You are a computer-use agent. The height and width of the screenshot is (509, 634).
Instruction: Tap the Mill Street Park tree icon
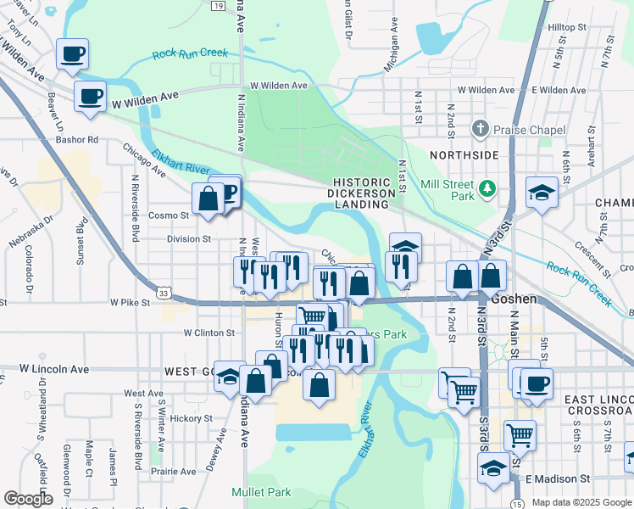click(487, 187)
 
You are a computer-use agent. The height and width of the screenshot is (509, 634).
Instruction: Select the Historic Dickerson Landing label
click(364, 193)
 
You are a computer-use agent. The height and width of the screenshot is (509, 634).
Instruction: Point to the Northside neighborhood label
click(464, 155)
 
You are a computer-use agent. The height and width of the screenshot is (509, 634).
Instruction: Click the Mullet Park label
click(261, 492)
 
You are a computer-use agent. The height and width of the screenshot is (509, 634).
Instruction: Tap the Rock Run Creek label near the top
click(191, 53)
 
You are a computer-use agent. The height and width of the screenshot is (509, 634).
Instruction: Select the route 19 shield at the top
click(219, 6)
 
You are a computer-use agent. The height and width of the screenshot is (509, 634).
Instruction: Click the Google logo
click(28, 499)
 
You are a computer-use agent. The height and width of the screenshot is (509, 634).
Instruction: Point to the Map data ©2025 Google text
click(581, 502)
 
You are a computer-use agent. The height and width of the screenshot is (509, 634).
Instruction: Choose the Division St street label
click(188, 239)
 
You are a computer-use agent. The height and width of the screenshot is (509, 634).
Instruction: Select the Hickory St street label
click(190, 418)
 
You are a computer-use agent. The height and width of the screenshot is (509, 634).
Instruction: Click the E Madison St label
click(555, 479)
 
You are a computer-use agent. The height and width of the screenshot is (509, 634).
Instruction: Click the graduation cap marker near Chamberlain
click(542, 193)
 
